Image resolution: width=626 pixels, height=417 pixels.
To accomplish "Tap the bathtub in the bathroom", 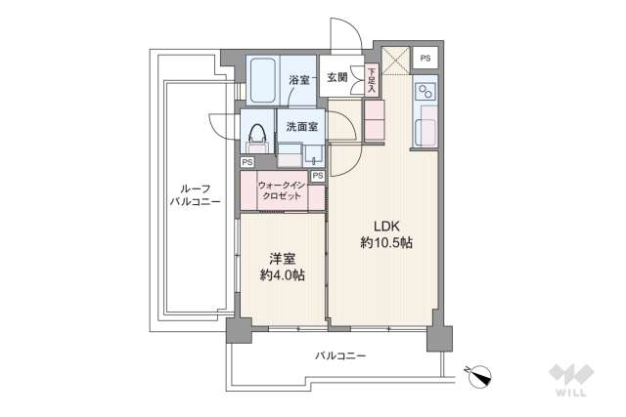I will pyautogui.click(x=263, y=80).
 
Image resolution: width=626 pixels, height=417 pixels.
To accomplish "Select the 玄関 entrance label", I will pyautogui.click(x=336, y=77).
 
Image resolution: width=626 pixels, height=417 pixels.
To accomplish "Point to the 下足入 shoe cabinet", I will pyautogui.click(x=372, y=81).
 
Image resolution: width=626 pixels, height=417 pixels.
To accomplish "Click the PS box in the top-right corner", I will pyautogui.click(x=425, y=59).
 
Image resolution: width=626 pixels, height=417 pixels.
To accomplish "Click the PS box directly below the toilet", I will pyautogui.click(x=247, y=162).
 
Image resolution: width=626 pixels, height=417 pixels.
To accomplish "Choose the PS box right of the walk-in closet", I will pyautogui.click(x=317, y=176).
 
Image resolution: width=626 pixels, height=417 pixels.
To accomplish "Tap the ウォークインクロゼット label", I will pyautogui.click(x=282, y=189).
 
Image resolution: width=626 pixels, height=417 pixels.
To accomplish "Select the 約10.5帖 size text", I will pyautogui.click(x=385, y=242).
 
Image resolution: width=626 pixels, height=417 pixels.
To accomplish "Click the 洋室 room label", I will pyautogui.click(x=282, y=259).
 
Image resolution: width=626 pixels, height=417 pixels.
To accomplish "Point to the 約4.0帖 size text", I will pyautogui.click(x=282, y=276).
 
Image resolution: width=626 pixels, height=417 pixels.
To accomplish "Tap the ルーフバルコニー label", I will pyautogui.click(x=193, y=195).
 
